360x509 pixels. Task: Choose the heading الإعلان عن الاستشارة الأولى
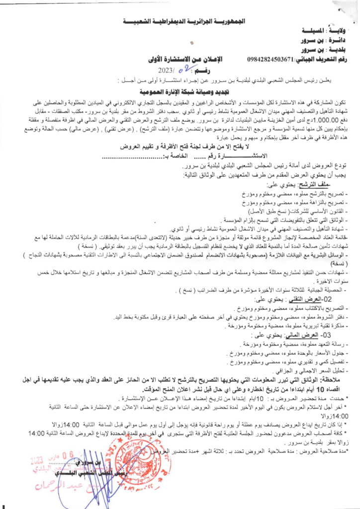[x=186, y=60]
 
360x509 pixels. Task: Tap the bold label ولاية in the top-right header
[x=339, y=30]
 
